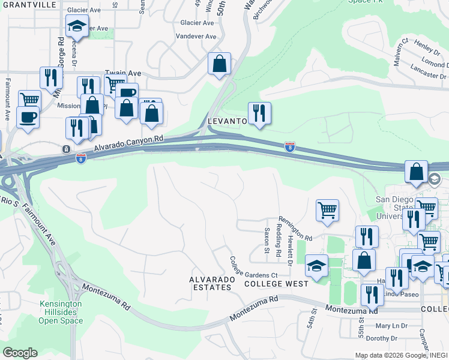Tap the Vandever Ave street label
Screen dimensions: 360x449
tap(195, 37)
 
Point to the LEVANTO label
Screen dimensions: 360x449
tap(228, 121)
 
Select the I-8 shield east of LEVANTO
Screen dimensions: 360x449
tap(289, 147)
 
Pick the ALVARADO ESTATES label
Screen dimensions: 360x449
tap(210, 283)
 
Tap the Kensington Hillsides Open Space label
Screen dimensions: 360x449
tap(60, 313)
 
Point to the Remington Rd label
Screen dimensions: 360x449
tap(295, 230)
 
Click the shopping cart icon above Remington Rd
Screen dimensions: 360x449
tap(327, 210)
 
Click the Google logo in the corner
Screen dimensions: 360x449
tap(20, 353)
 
